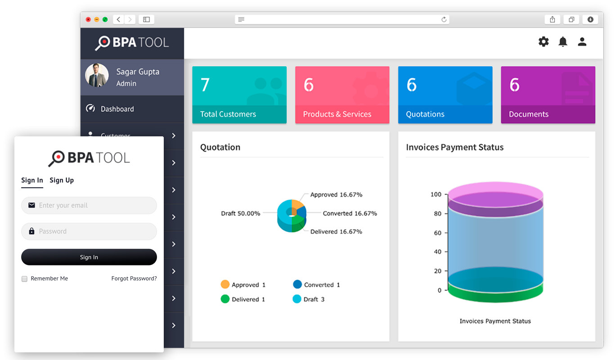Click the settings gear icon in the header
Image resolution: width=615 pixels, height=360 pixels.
pos(543,42)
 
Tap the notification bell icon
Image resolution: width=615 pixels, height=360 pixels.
pos(563,42)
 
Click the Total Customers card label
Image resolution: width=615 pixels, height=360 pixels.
pos(228,114)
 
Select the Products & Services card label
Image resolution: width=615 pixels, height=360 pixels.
pos(337,114)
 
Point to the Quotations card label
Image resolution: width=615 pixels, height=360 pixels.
pos(425,114)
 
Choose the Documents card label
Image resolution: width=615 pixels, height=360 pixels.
pos(529,114)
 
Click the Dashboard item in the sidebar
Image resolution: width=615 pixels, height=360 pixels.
pos(117,109)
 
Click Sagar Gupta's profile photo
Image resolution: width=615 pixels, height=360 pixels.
pos(97,75)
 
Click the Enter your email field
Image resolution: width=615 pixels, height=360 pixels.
pos(89,205)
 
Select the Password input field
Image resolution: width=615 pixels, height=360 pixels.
pos(89,231)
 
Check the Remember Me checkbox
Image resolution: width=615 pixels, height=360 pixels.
pos(25,279)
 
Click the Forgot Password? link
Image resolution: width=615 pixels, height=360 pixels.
pos(134,279)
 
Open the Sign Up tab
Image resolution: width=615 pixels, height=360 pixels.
pos(62,180)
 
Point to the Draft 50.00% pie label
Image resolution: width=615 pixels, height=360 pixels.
pos(241,213)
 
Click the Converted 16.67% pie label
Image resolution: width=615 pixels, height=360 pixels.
pos(350,213)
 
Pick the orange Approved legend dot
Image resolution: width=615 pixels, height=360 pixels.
pos(225,284)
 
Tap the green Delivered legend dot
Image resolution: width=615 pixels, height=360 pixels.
pos(225,299)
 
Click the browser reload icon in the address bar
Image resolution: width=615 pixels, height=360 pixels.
pos(444,19)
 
